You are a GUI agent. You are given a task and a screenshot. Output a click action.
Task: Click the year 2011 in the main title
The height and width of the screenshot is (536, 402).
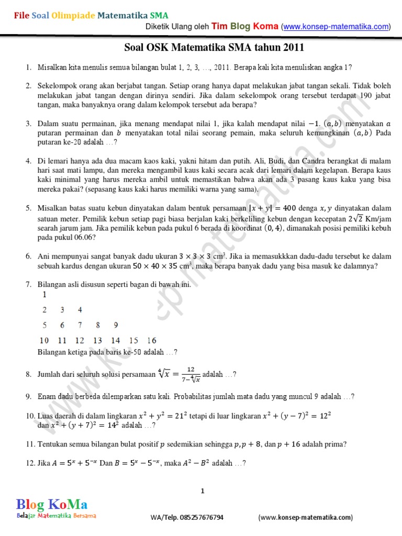pyautogui.click(x=293, y=48)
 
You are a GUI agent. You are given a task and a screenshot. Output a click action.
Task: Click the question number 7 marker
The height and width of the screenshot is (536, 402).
pyautogui.click(x=28, y=284)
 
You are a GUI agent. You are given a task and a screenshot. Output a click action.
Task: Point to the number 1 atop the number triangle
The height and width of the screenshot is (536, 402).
pyautogui.click(x=45, y=295)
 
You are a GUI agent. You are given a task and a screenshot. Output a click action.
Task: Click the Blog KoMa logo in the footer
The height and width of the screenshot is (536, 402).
pyautogui.click(x=52, y=505)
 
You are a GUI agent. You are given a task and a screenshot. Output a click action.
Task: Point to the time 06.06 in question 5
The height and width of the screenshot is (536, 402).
pyautogui.click(x=65, y=237)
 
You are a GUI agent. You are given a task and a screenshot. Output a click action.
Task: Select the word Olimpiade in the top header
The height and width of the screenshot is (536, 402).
pyautogui.click(x=73, y=16)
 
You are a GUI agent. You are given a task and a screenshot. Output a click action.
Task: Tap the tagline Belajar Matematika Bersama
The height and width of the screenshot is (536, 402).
pyautogui.click(x=56, y=516)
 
